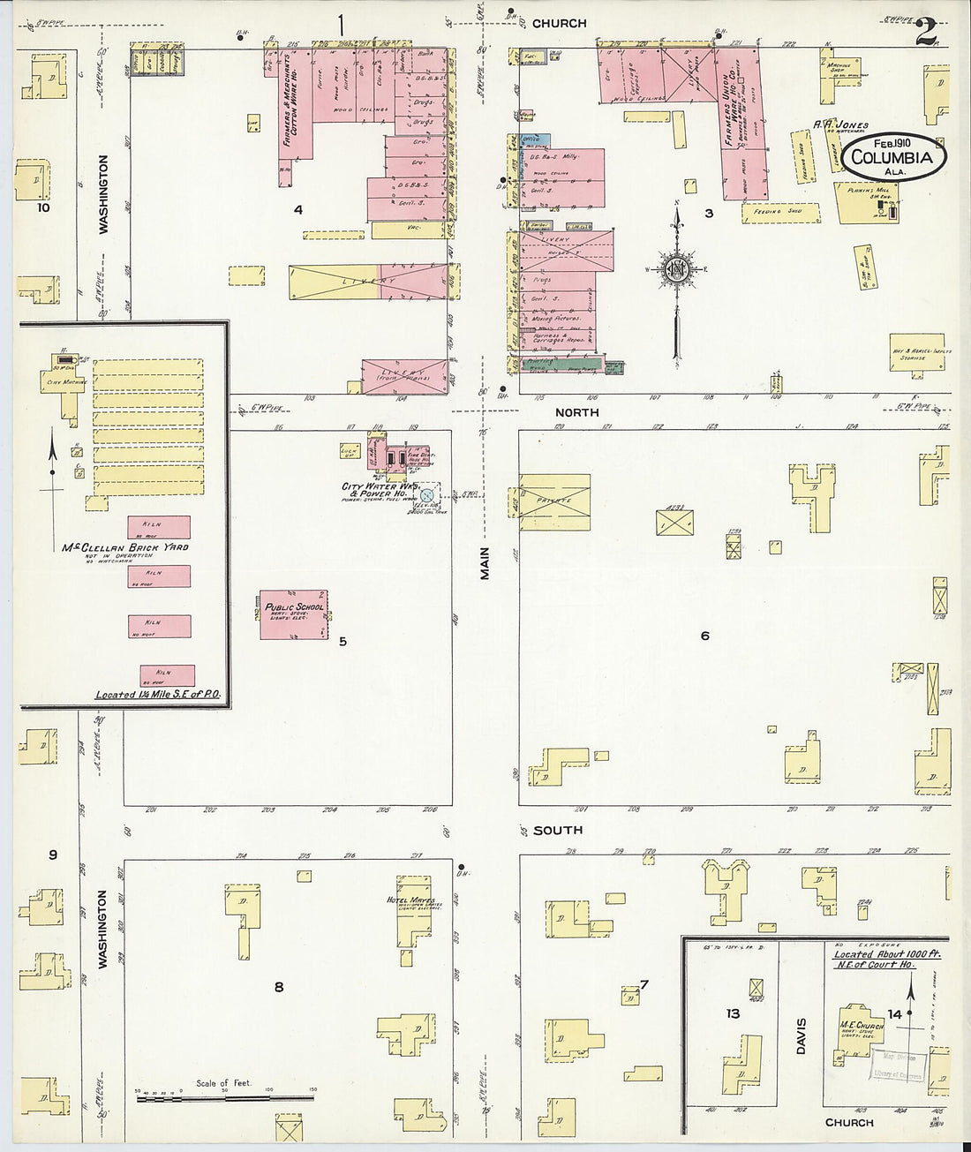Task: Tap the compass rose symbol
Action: [x=676, y=269]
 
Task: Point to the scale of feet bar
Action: [x=225, y=1098]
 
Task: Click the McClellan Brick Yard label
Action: [x=124, y=547]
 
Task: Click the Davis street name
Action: [x=801, y=1035]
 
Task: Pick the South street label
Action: [x=557, y=830]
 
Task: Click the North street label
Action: [x=576, y=412]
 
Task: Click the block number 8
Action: [x=279, y=987]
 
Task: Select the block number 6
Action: [x=704, y=636]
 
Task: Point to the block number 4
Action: [x=298, y=210]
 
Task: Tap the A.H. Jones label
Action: [x=841, y=125]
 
